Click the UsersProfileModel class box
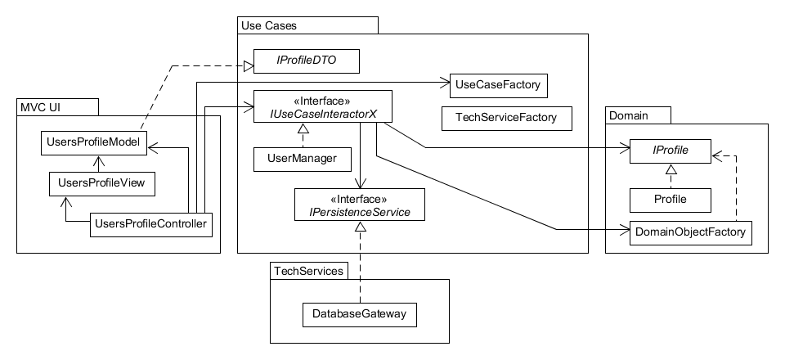tap(94, 143)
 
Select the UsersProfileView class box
tap(102, 182)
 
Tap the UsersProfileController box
tap(150, 223)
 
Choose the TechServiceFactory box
tap(505, 118)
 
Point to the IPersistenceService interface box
tap(360, 205)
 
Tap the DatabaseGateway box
tap(360, 313)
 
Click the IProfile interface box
tap(670, 151)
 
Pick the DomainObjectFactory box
tap(690, 233)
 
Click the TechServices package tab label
tap(307, 270)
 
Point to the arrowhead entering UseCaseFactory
tap(446, 82)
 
